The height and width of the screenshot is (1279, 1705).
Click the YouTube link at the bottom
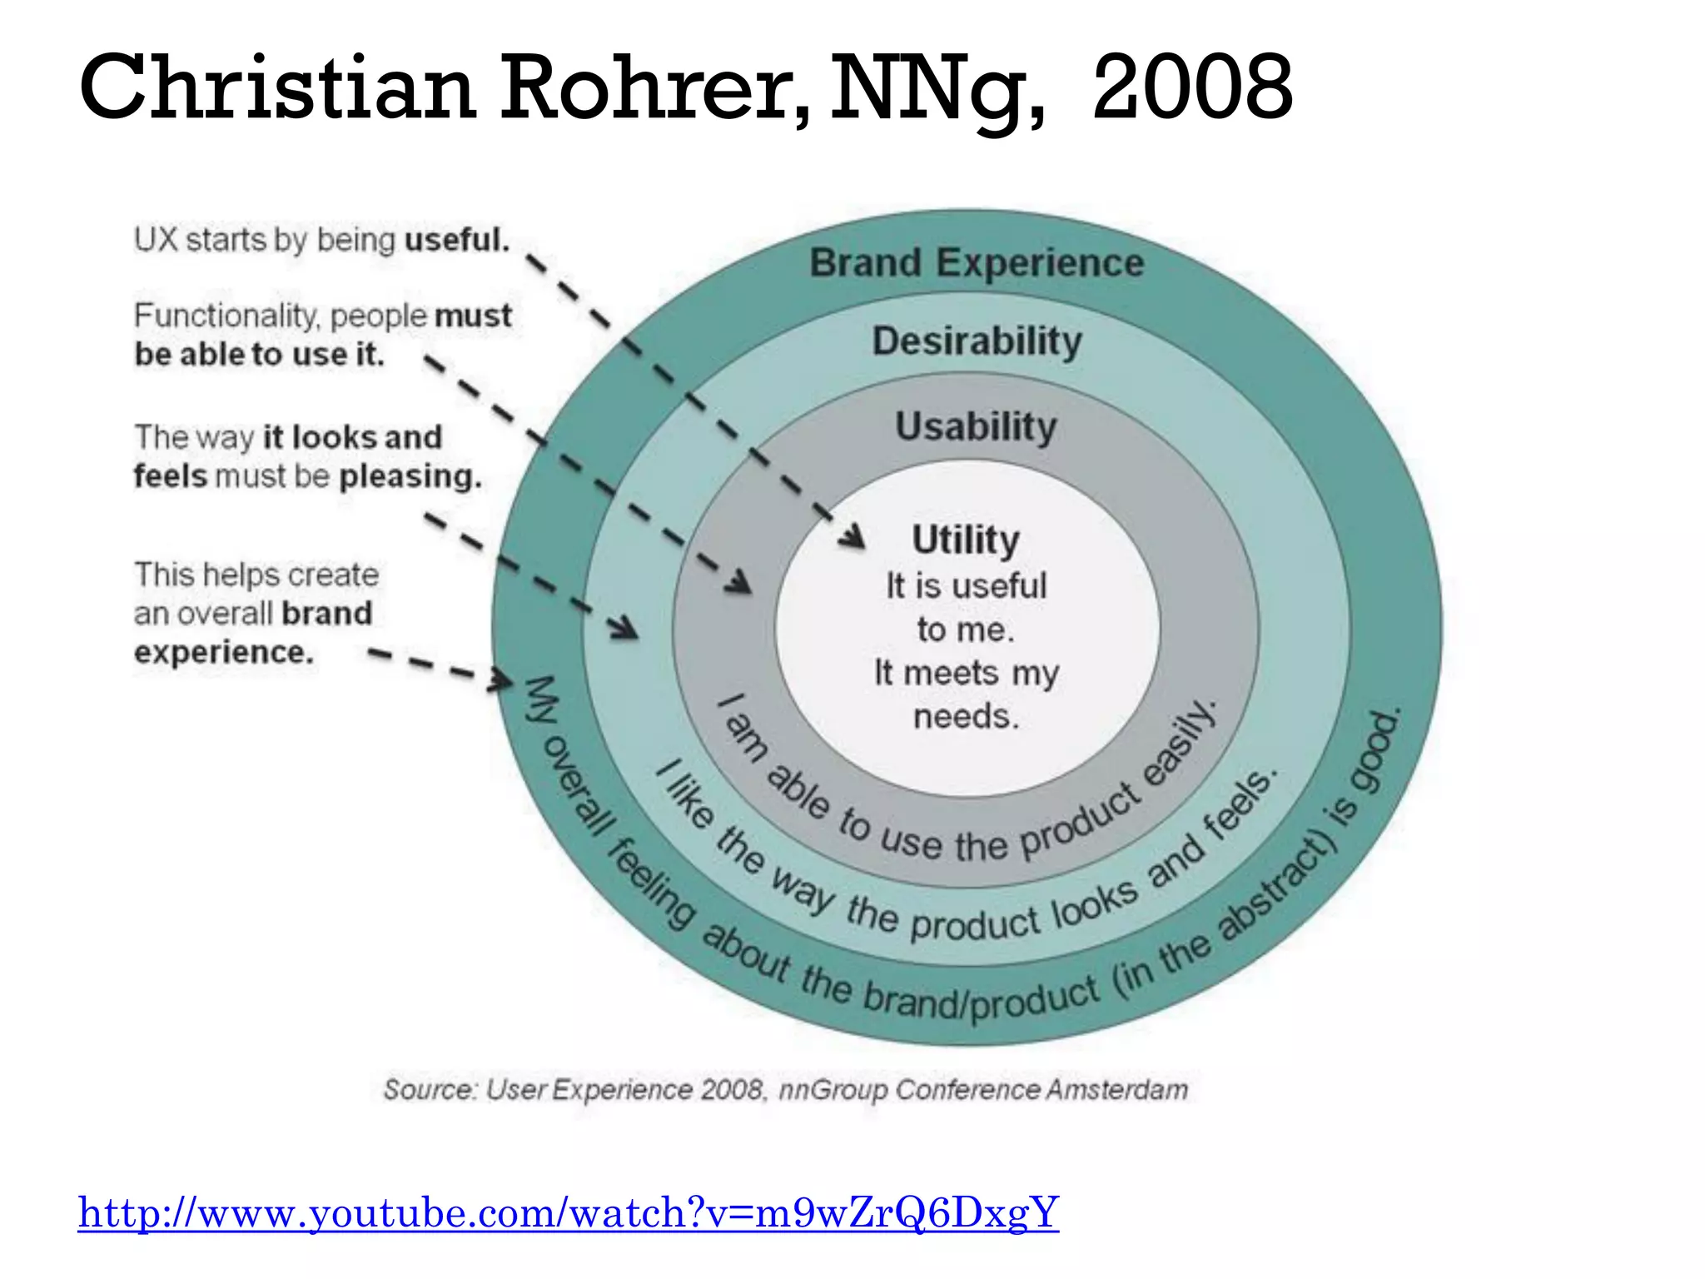tap(568, 1212)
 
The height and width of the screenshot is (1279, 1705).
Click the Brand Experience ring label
tap(977, 263)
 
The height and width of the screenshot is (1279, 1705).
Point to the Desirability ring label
tap(977, 341)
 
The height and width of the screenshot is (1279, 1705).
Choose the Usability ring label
tap(976, 427)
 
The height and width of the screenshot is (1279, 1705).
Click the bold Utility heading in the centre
tap(966, 540)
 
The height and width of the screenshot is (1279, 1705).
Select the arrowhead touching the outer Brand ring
tap(502, 679)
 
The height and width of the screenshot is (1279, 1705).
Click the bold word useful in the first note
tap(456, 240)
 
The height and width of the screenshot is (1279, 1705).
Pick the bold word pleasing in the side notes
tap(410, 476)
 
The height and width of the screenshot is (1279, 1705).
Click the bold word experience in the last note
tap(224, 652)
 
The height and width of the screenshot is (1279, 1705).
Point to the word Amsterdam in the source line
tap(1117, 1089)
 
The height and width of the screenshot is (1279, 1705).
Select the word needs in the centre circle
tap(966, 716)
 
